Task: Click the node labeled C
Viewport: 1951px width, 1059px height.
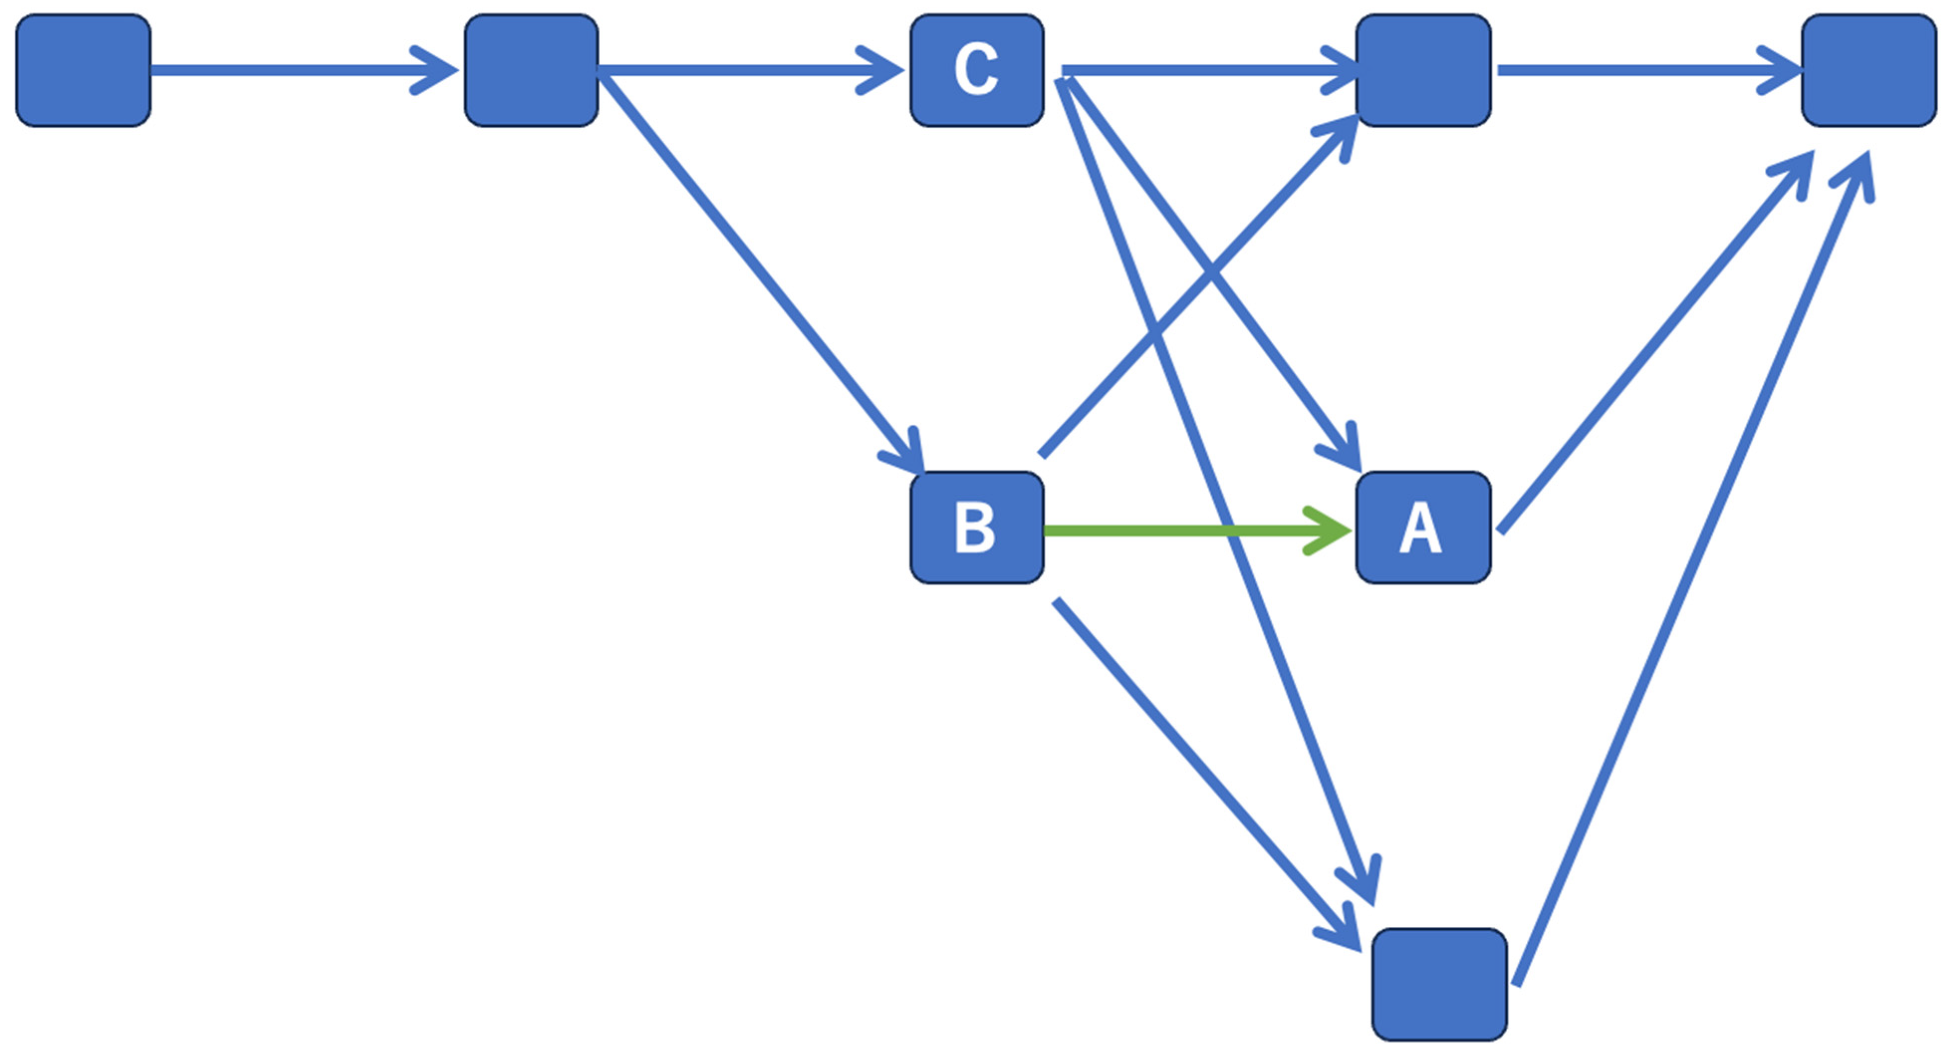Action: click(976, 70)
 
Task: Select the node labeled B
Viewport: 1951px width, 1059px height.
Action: click(976, 528)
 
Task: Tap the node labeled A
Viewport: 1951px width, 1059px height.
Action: click(1422, 528)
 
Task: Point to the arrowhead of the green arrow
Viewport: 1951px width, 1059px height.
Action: click(1333, 530)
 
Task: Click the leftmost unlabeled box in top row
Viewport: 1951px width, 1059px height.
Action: click(83, 70)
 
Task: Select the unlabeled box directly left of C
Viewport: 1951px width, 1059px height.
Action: click(531, 70)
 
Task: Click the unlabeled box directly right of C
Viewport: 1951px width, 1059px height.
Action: click(1422, 70)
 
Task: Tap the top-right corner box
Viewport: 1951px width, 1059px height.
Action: click(1868, 70)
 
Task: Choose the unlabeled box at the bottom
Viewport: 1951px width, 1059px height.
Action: click(1439, 984)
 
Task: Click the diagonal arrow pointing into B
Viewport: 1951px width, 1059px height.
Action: click(757, 273)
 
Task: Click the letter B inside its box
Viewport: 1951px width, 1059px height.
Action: click(974, 528)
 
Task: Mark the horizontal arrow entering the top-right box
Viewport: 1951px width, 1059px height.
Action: click(1643, 70)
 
